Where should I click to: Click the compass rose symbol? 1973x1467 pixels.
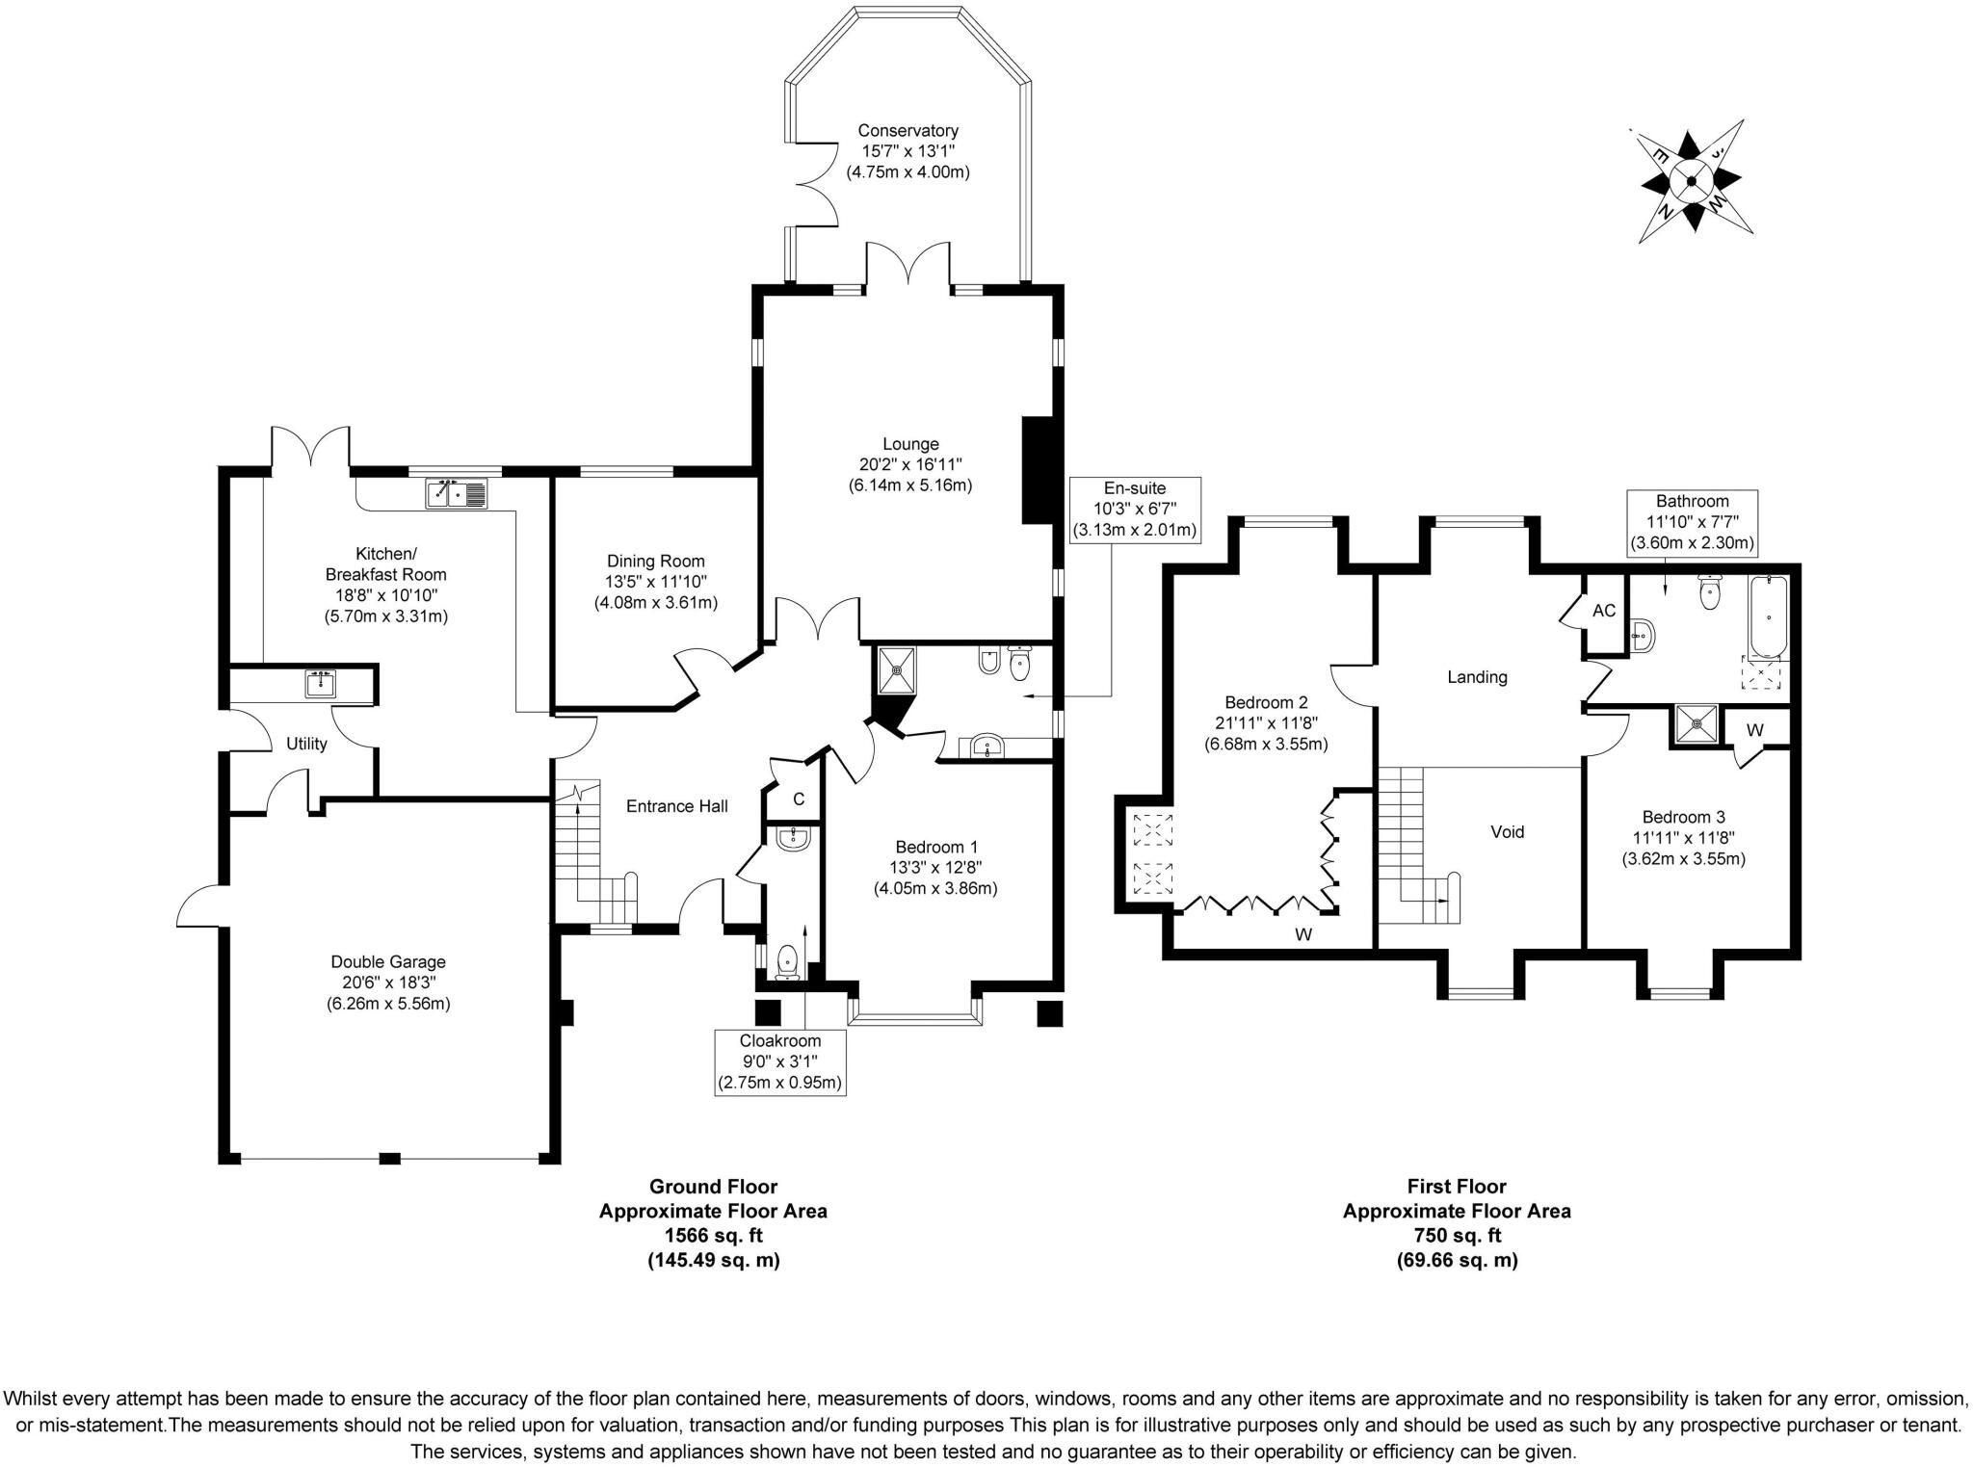1691,180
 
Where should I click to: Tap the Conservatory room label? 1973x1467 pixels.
908,131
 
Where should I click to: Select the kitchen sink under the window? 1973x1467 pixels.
457,494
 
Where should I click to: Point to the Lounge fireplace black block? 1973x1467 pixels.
1037,470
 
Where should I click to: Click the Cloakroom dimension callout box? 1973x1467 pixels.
779,1061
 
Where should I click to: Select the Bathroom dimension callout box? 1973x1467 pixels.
1692,522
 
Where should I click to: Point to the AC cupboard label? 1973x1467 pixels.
1603,611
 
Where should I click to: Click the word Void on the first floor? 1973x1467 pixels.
1507,832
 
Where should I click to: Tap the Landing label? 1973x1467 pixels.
1477,677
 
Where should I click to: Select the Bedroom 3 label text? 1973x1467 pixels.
1682,817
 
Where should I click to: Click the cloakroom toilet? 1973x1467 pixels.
788,960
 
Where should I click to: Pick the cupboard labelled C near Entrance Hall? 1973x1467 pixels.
798,799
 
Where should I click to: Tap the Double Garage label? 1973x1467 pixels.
387,961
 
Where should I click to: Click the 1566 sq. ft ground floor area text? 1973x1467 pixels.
712,1236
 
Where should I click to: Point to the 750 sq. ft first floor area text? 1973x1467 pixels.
1456,1236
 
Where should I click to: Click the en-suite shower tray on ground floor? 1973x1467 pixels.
897,669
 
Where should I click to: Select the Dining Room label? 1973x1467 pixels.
655,562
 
